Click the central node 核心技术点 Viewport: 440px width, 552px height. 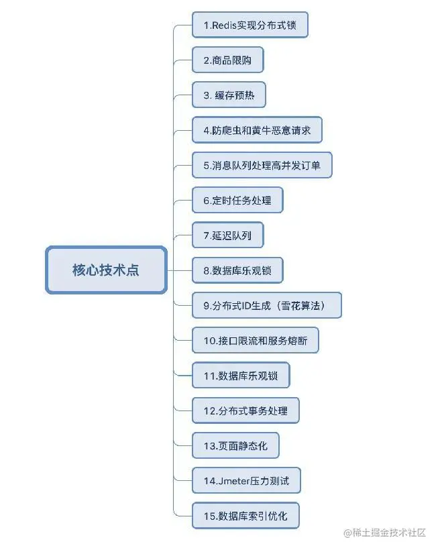tap(106, 270)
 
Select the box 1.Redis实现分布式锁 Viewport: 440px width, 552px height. tap(250, 25)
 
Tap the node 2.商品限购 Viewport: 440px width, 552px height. tap(227, 60)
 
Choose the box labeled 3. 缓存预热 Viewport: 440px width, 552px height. tap(229, 95)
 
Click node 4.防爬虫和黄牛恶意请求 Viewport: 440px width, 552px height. tap(257, 130)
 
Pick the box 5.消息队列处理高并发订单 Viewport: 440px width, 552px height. tap(262, 165)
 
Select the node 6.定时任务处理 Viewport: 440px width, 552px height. tap(237, 200)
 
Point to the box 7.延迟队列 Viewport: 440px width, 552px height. tap(227, 235)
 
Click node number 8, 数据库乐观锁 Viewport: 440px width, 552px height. tap(237, 270)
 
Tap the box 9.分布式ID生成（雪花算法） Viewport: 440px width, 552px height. tap(267, 305)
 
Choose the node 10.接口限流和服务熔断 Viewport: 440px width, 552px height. tap(255, 340)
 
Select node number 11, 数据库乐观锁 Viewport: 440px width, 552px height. tap(241, 376)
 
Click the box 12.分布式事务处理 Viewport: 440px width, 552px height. tap(245, 410)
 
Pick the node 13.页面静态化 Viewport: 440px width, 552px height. tap(235, 445)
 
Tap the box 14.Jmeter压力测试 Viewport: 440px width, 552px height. tap(245, 480)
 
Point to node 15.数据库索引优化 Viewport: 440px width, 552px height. tap(245, 516)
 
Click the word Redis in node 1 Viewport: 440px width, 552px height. tap(223, 25)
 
